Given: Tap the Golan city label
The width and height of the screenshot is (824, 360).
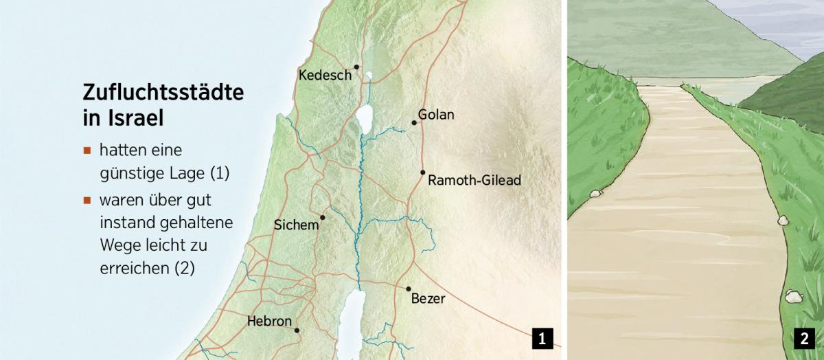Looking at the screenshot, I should point(436,115).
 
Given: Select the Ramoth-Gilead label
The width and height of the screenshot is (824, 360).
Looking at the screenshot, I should point(474,181).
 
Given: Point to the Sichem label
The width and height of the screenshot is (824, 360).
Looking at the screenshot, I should point(297,225).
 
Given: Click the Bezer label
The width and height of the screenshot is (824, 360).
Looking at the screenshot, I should point(428,299).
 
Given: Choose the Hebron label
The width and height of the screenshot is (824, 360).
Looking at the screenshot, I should point(269,321).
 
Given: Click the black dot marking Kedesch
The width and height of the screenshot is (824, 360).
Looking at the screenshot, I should point(357,67).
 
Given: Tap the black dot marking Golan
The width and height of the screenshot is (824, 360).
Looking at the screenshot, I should point(414,123).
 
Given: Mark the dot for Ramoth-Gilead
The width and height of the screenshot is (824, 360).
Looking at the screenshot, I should point(423,172).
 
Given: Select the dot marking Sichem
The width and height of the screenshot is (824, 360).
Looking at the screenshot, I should point(322,217).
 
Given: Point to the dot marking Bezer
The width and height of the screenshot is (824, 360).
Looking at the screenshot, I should point(409,289).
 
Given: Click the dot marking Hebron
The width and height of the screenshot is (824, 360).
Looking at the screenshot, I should point(297,330).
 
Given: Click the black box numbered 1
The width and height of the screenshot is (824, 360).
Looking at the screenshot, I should point(542,338).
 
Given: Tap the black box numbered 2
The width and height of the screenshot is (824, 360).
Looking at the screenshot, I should point(803,338).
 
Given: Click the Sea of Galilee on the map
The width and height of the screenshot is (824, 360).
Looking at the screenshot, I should point(365,117).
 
